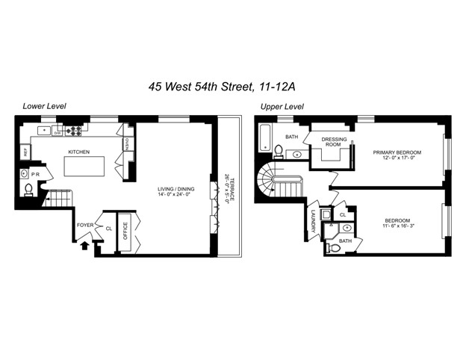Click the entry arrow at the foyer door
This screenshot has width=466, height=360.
click(84, 243)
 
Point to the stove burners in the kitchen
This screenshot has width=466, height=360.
click(74, 131)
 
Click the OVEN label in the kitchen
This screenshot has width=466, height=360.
click(128, 144)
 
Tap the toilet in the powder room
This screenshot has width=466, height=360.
click(28, 190)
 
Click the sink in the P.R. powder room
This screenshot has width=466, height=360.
click(24, 174)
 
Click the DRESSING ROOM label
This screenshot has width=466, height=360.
click(333, 142)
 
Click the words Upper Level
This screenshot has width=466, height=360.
click(282, 107)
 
